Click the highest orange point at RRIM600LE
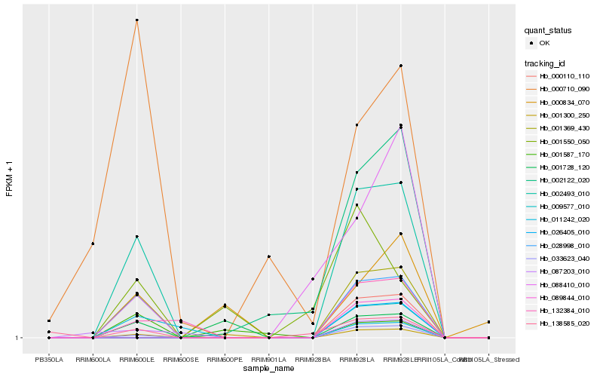(x=136, y=20)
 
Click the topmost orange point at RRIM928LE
(x=401, y=66)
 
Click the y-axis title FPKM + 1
(x=10, y=179)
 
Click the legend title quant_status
(x=549, y=31)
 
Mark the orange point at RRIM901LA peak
(x=268, y=256)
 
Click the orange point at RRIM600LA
(x=93, y=244)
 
